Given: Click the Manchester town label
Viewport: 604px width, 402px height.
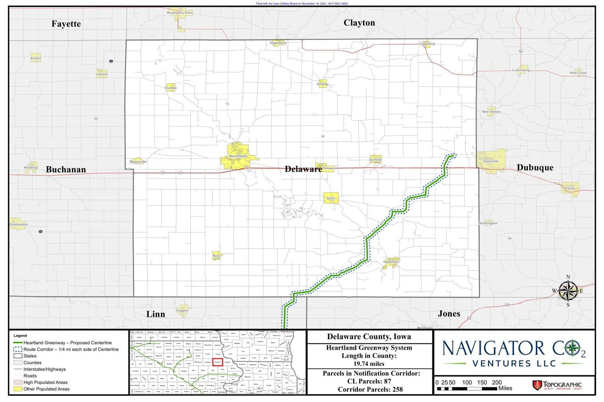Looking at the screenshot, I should pos(238,156).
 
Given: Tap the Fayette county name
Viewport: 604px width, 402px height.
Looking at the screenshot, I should pos(66,24).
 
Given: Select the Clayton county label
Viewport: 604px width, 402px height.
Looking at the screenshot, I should pos(359,23).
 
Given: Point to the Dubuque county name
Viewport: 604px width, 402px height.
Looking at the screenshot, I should pos(535,168).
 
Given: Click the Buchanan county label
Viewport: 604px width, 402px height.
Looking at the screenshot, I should pos(66,170).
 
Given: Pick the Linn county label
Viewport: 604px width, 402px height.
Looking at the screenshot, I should pos(156,314).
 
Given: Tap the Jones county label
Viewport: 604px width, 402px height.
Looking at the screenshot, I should pos(449,314).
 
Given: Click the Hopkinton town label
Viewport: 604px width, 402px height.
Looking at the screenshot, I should pos(391,262).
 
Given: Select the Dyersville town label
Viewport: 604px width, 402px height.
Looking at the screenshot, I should pos(491,161).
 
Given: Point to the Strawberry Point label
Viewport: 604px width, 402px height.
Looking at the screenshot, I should pos(180,13).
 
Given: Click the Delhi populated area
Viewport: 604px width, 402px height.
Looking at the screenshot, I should pos(331,198).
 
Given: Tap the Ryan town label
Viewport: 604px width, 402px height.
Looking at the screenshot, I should pos(216,256).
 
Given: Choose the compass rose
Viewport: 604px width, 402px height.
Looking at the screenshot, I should pos(568,291).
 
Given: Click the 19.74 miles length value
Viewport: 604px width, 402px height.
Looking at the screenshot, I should pos(369,364).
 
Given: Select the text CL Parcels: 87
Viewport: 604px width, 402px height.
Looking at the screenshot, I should pos(369,381).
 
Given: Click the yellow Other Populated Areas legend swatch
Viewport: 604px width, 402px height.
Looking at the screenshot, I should pos(18,389).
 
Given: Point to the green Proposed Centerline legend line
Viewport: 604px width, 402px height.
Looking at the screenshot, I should pos(18,343).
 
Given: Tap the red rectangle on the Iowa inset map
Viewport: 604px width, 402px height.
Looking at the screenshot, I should pos(218,362).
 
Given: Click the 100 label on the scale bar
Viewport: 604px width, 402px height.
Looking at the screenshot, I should pos(467,383).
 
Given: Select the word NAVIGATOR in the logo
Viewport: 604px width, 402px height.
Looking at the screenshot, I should pos(487,348).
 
